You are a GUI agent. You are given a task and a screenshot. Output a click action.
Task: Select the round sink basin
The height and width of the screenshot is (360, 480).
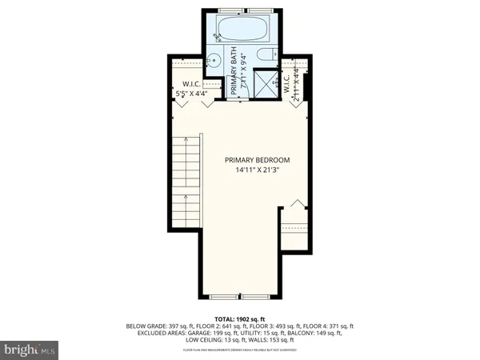click(214, 60)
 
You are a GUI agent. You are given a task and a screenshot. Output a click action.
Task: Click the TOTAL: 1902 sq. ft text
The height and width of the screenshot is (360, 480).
click(240, 319)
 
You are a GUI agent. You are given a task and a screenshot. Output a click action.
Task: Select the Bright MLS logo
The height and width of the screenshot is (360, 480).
click(30, 349)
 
